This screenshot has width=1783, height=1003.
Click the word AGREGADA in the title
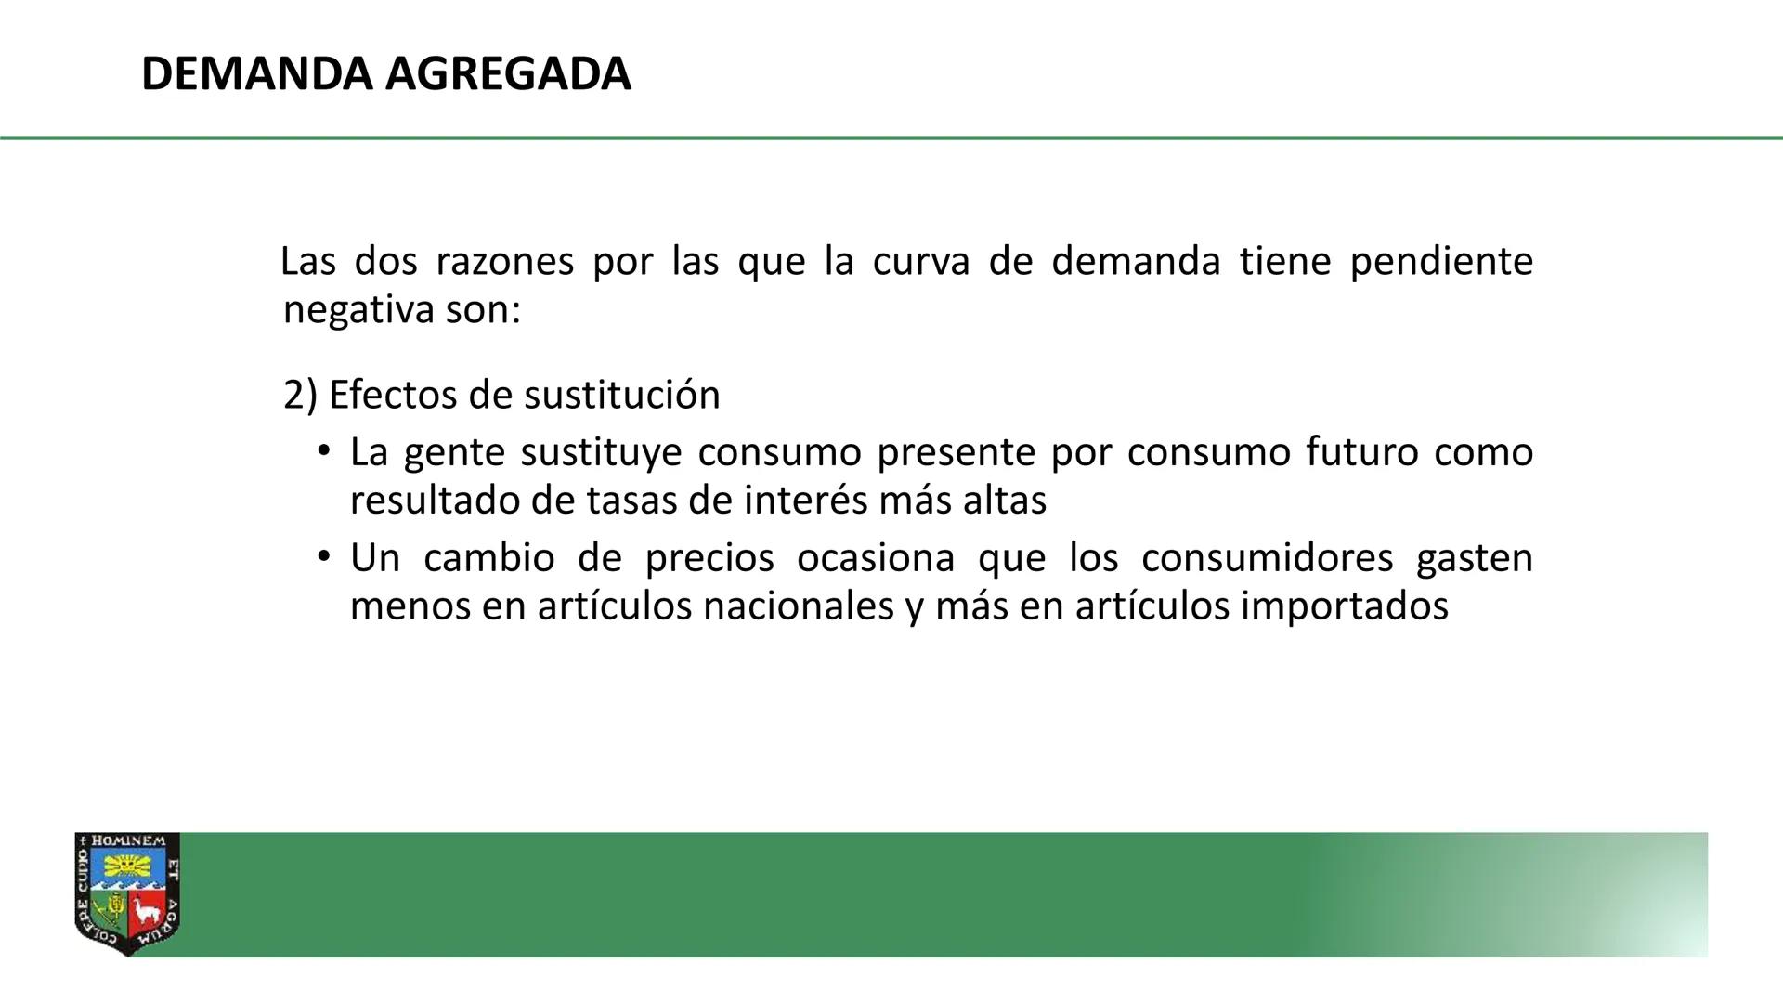coord(508,74)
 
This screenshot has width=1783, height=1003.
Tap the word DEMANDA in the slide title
coord(256,74)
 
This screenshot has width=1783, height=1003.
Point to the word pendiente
coord(1440,262)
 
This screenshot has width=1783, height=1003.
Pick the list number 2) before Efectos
coord(300,396)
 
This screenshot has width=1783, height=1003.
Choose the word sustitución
coord(622,396)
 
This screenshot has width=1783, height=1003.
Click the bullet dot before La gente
coord(323,452)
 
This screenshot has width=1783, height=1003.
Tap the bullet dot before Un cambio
coord(323,557)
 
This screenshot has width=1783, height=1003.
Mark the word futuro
coord(1361,453)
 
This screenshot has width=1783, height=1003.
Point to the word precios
coord(709,558)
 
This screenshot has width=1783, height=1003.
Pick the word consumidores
coord(1267,558)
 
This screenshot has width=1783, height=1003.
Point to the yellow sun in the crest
coord(126,866)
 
